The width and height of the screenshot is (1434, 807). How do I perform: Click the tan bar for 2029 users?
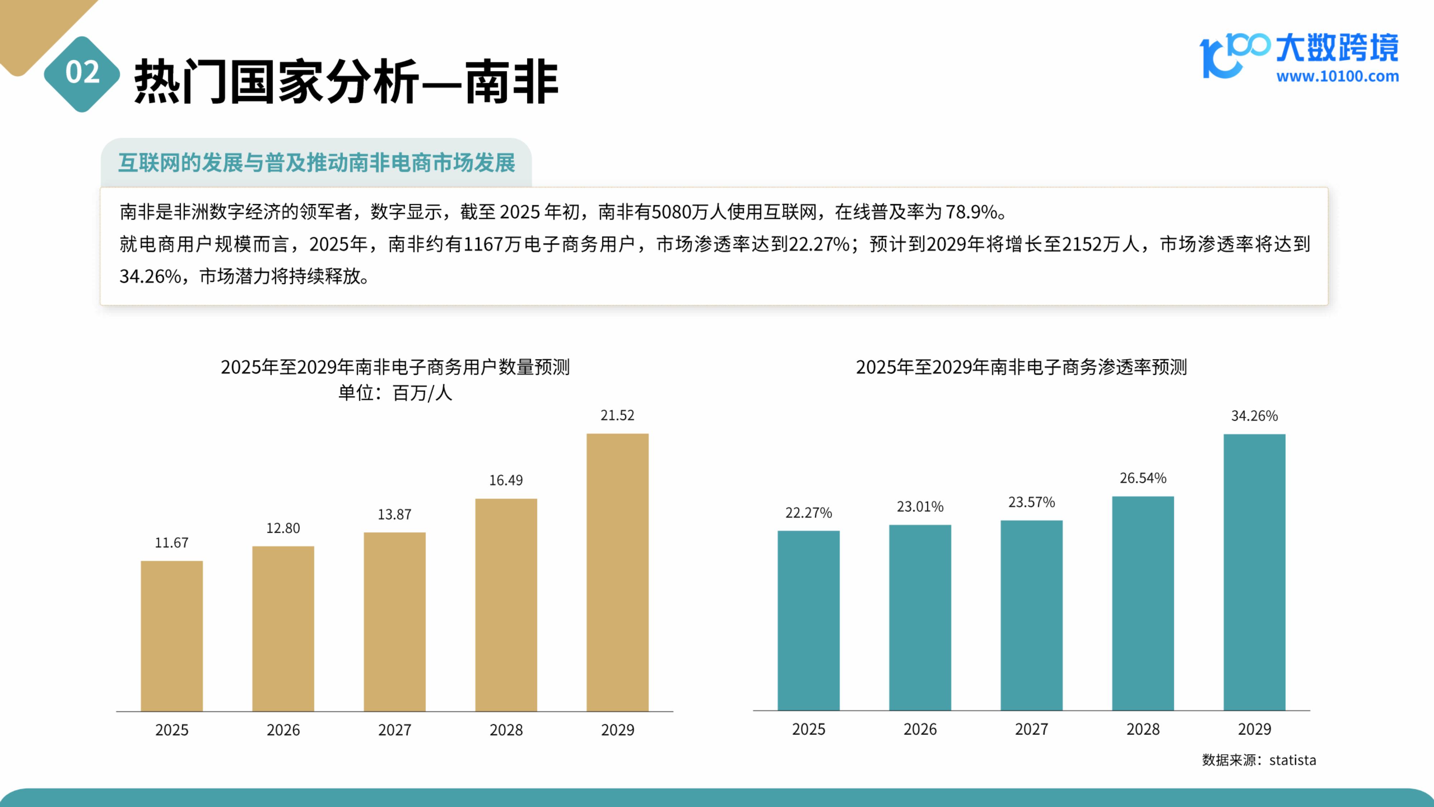(x=617, y=572)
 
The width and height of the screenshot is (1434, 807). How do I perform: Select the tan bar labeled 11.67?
(x=171, y=636)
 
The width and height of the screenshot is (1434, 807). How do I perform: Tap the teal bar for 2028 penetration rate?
(x=1143, y=603)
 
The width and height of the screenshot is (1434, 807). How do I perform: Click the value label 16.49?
(x=506, y=480)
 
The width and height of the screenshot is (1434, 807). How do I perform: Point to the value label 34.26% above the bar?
(x=1254, y=415)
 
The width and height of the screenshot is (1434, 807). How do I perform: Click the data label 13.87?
(x=395, y=514)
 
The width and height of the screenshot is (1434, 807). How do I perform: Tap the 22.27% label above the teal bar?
(x=808, y=513)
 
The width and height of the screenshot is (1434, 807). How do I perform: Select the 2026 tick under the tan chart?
(x=283, y=730)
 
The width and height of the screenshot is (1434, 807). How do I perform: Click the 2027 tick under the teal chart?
(x=1031, y=729)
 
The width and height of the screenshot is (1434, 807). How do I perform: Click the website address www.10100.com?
(x=1337, y=76)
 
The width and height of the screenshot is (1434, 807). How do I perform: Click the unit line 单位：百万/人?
(x=395, y=393)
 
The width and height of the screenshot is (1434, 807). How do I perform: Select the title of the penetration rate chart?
(x=1021, y=367)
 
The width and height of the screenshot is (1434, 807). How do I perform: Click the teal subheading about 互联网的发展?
(x=316, y=162)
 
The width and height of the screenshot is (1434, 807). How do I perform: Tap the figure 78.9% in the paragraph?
(x=972, y=212)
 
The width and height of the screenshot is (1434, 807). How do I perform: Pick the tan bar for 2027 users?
(x=395, y=622)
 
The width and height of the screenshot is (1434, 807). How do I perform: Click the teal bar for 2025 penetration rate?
(x=808, y=620)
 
